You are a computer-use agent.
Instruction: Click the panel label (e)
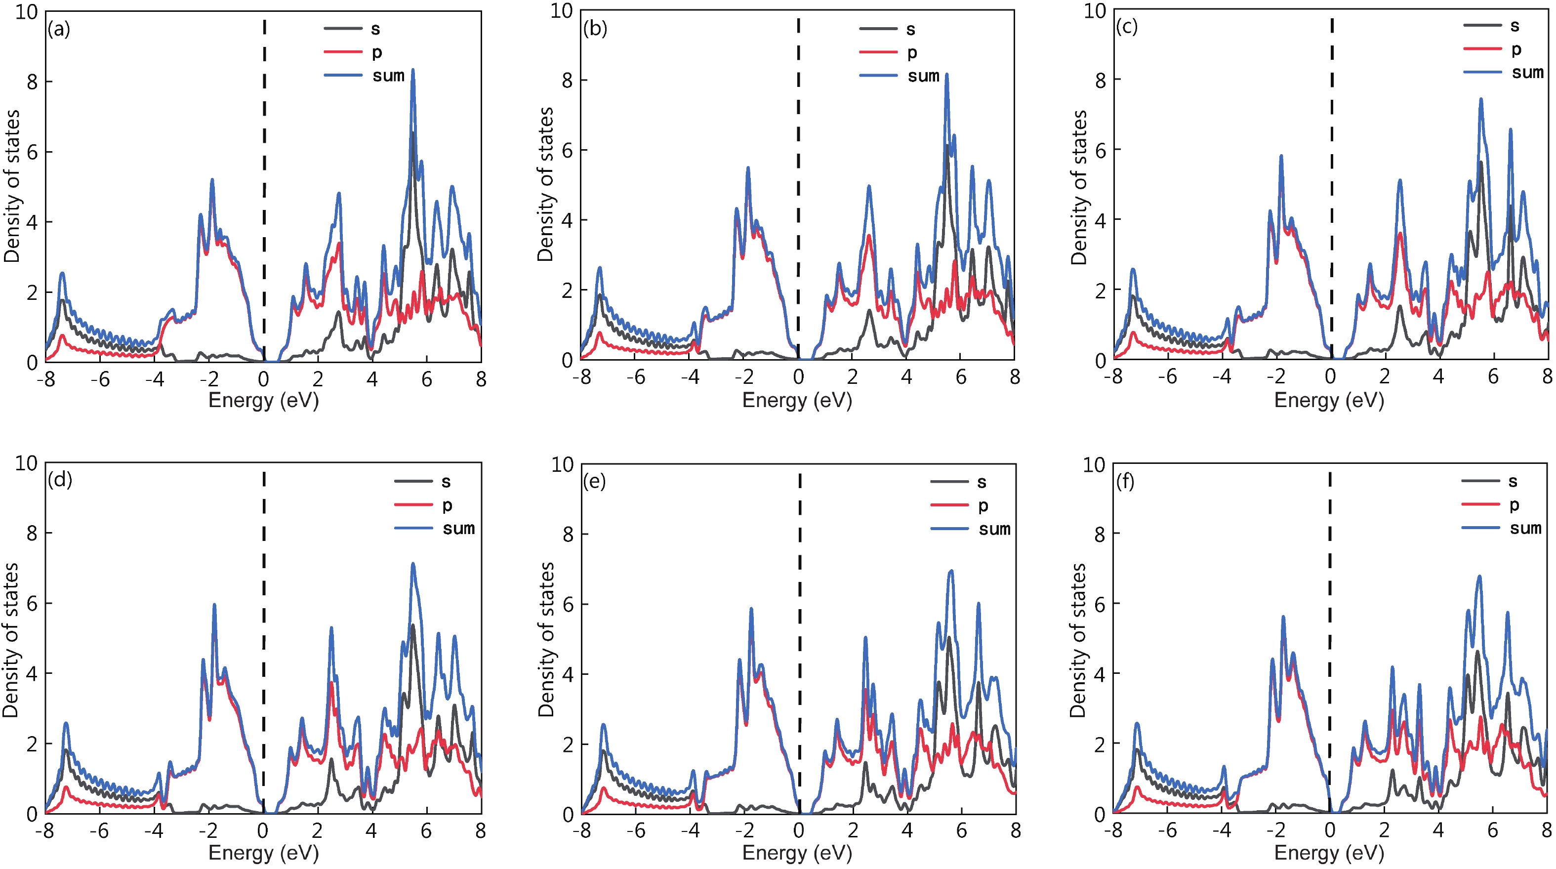pyautogui.click(x=594, y=482)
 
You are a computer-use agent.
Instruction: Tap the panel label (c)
pyautogui.click(x=1127, y=27)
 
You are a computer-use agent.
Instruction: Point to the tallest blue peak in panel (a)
pyautogui.click(x=413, y=71)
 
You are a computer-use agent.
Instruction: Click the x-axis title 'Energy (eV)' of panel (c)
pyautogui.click(x=1329, y=400)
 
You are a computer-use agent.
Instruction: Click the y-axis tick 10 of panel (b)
pyautogui.click(x=561, y=10)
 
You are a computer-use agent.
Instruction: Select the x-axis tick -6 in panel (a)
pyautogui.click(x=100, y=379)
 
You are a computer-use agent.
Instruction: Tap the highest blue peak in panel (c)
pyautogui.click(x=1481, y=100)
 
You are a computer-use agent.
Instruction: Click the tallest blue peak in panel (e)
pyautogui.click(x=951, y=571)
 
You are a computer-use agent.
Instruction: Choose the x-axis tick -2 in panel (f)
pyautogui.click(x=1276, y=831)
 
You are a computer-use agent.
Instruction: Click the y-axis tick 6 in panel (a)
pyautogui.click(x=32, y=152)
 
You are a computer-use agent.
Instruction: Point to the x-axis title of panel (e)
pyautogui.click(x=797, y=853)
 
